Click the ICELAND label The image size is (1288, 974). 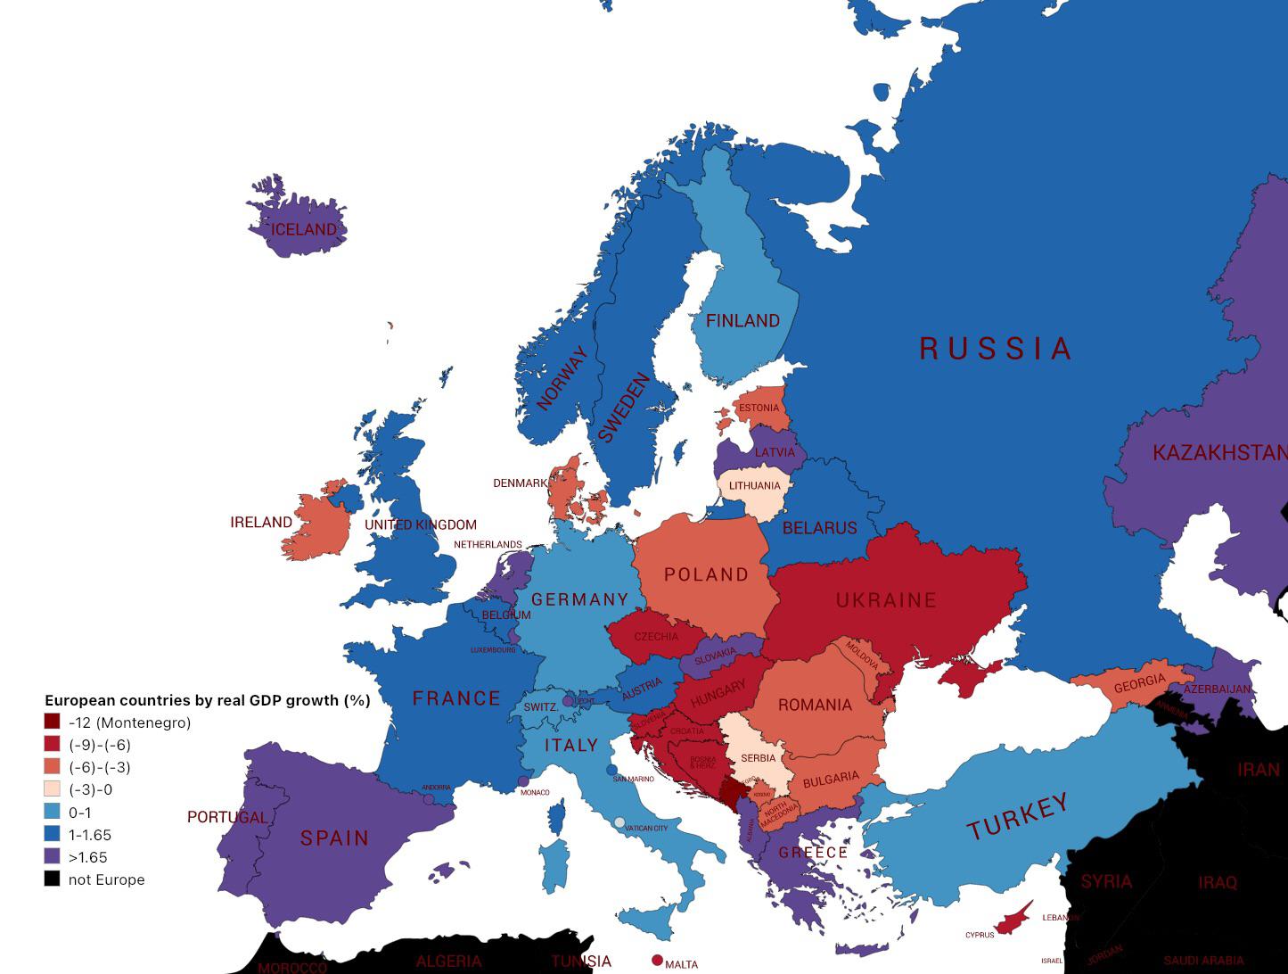pyautogui.click(x=304, y=230)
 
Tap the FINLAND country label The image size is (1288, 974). pyautogui.click(x=742, y=321)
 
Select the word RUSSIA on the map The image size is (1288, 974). pyautogui.click(x=995, y=349)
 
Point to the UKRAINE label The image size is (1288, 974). pyautogui.click(x=886, y=600)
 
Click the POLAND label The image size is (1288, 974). pyautogui.click(x=706, y=574)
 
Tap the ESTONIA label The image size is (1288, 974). pyautogui.click(x=759, y=409)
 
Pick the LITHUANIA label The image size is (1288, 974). pyautogui.click(x=754, y=486)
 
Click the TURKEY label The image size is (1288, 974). pyautogui.click(x=1017, y=816)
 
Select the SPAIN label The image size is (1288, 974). pyautogui.click(x=334, y=838)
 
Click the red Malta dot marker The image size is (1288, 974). pyautogui.click(x=658, y=961)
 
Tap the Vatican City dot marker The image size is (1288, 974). pyautogui.click(x=619, y=822)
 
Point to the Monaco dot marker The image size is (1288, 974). pyautogui.click(x=523, y=781)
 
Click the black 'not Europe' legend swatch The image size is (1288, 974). pyautogui.click(x=53, y=879)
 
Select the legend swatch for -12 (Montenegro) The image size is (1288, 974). pyautogui.click(x=53, y=722)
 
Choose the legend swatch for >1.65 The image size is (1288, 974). pyautogui.click(x=53, y=857)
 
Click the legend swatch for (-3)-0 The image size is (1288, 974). pyautogui.click(x=53, y=789)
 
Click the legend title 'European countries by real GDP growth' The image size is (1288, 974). pyautogui.click(x=207, y=700)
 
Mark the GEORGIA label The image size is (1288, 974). pyautogui.click(x=1139, y=684)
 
